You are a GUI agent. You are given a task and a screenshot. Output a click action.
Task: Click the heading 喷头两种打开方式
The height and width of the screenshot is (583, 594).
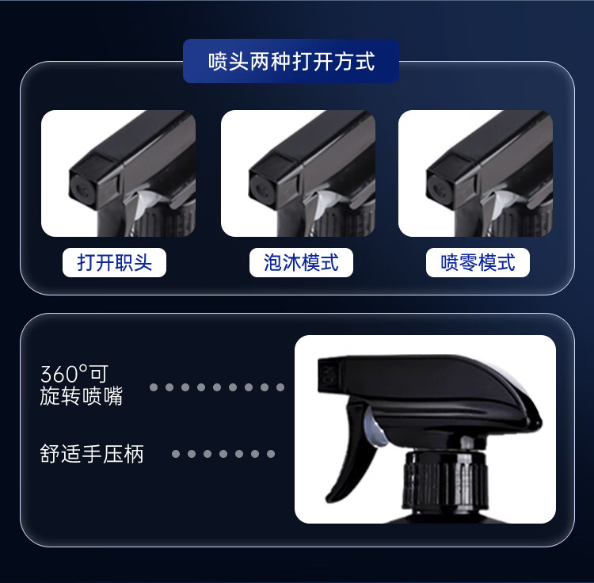coord(291,61)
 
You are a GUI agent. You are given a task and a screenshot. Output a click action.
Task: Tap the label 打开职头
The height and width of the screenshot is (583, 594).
coord(114,262)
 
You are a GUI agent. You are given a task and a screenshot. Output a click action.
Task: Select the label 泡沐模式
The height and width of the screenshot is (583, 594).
coord(301,262)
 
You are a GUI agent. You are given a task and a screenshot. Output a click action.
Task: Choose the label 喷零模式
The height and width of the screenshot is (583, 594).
coord(478,262)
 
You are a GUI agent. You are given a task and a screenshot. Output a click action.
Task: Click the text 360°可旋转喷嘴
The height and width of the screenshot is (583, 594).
coord(82,385)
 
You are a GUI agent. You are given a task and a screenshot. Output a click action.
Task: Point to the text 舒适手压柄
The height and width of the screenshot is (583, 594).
coord(92,454)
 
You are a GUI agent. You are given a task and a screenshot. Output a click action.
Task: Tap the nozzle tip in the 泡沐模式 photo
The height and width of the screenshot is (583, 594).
coord(261,190)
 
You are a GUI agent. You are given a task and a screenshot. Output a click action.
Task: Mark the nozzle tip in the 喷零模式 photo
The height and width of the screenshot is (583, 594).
coord(437,190)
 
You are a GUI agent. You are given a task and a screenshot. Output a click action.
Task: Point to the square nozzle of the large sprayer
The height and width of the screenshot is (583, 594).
coord(329,375)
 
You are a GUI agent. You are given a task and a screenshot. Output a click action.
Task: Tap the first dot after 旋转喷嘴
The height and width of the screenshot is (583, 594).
coord(154,387)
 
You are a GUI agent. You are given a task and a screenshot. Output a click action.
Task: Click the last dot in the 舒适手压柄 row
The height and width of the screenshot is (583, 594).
coord(271,454)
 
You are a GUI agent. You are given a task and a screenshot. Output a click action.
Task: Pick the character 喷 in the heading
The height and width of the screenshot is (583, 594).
coord(219,61)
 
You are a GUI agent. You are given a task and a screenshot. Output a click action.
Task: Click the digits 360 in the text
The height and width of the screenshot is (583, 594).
coord(59,374)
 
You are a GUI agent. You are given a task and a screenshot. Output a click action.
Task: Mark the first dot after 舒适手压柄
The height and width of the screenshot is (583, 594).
coord(176,454)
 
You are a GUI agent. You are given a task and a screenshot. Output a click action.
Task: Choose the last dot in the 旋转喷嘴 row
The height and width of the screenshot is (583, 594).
coord(280,387)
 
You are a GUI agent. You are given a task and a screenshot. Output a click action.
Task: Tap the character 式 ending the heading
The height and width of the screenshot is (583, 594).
coord(365,61)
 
